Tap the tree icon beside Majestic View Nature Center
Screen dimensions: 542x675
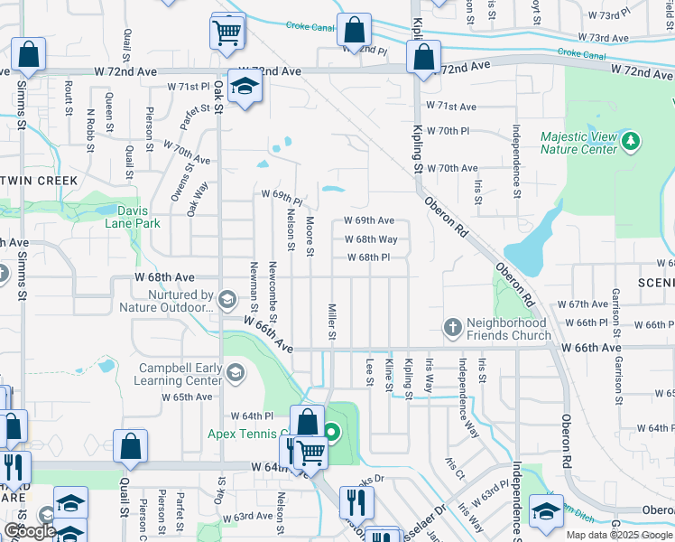(x=631, y=141)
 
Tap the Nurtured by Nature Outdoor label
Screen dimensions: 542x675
(x=167, y=301)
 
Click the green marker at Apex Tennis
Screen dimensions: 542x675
(x=331, y=434)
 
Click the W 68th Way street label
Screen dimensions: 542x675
(x=371, y=239)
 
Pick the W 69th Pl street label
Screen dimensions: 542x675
(x=282, y=195)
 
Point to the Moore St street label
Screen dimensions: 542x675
(x=310, y=235)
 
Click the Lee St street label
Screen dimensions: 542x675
(x=369, y=371)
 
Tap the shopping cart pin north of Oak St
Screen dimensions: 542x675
(x=227, y=33)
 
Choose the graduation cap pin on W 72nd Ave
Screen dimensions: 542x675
(x=244, y=86)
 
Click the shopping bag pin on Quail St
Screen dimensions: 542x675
(x=131, y=445)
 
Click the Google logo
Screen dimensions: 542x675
(x=30, y=531)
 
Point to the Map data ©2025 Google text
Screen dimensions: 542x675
(x=619, y=535)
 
